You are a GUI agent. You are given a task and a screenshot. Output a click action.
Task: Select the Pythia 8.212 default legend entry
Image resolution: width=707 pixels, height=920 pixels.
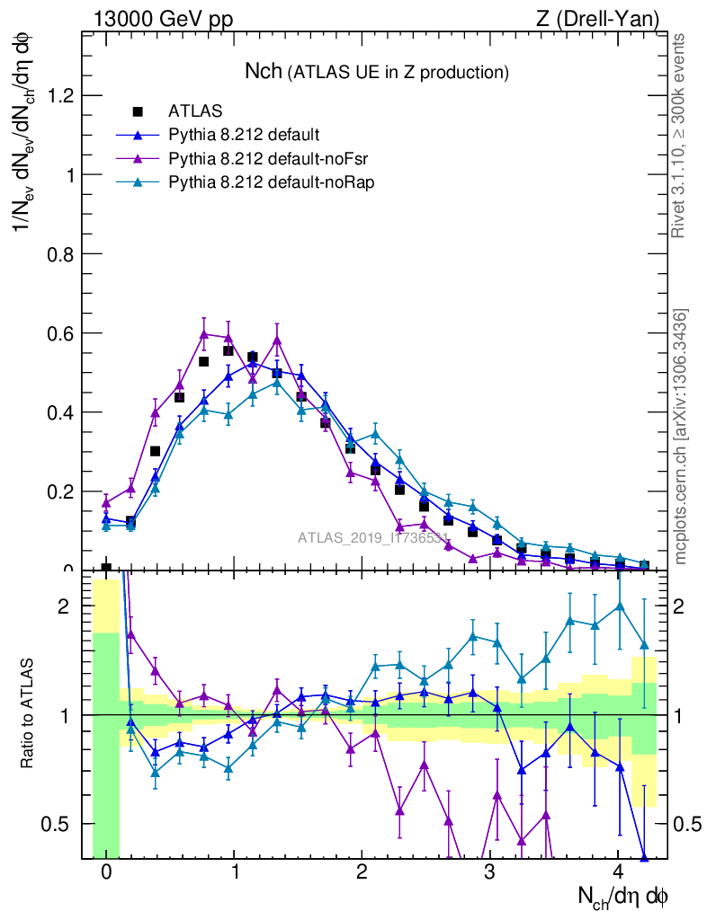click(x=243, y=136)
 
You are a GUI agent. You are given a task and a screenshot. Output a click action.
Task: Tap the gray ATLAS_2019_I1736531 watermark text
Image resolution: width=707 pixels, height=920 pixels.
click(x=373, y=538)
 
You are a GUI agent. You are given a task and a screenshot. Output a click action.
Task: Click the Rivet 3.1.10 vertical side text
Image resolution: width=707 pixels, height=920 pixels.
click(x=679, y=136)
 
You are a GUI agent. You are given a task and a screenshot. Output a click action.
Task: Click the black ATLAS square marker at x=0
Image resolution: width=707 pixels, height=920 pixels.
click(x=106, y=568)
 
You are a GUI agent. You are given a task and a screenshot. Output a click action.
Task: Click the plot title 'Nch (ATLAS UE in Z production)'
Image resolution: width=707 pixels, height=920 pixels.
click(x=377, y=71)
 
